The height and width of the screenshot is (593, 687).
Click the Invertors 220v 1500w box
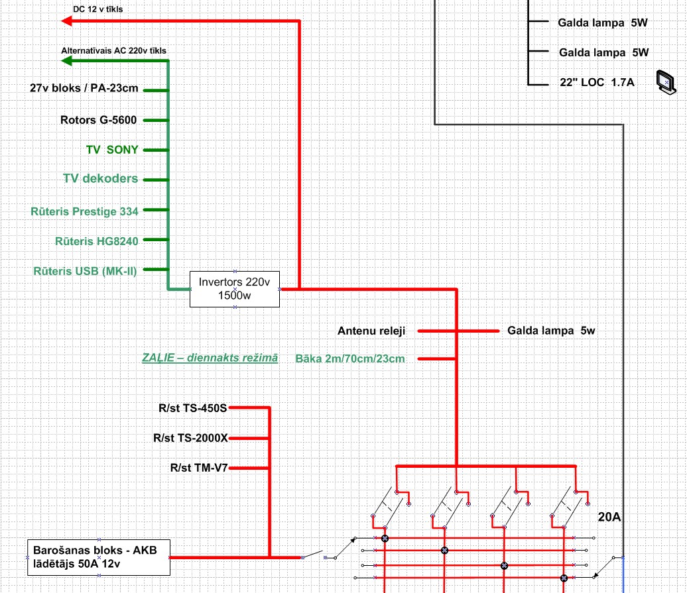coord(235,289)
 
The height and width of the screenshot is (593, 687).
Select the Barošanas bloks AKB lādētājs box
coord(99,557)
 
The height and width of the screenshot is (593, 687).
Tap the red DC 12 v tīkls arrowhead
coord(67,21)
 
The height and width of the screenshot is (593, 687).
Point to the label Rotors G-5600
coord(98,121)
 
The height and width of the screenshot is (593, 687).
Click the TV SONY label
coord(112,150)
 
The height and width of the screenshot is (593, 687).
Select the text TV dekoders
coord(101,179)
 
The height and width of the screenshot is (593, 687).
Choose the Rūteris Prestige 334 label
coord(85,211)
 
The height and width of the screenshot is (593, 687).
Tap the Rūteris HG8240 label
coord(97,241)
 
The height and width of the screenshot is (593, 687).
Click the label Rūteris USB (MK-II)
coord(85,270)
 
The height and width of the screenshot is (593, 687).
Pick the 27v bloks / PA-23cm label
coord(84,88)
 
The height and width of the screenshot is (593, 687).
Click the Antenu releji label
coord(371,331)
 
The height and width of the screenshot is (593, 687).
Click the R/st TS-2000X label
coord(190,438)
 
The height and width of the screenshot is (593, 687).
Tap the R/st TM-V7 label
coord(199,468)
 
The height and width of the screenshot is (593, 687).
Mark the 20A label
coord(609,517)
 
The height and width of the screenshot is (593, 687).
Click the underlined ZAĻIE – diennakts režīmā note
coord(210,358)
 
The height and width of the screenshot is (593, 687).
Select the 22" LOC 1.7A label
coord(596,83)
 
